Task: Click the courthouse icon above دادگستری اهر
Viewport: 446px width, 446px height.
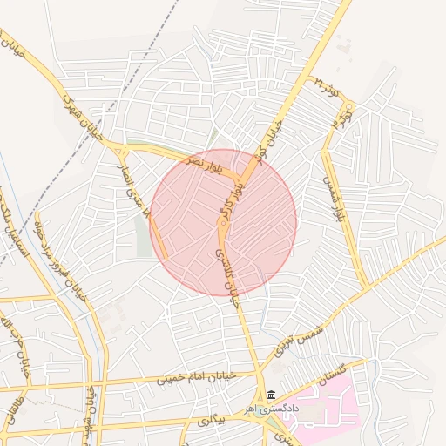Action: click(x=272, y=395)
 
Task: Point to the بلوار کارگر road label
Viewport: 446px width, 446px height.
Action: click(x=227, y=198)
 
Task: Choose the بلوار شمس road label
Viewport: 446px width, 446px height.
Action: click(x=330, y=198)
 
